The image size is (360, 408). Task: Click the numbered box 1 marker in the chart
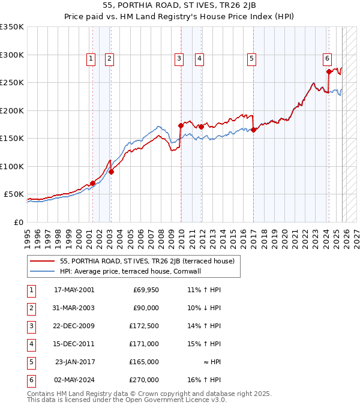coord(91,58)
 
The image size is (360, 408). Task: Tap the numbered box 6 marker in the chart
coord(327,58)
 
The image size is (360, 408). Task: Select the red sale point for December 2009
coord(181,126)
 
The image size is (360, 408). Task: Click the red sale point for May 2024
coord(329,71)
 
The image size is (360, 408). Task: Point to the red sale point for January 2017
coord(253,130)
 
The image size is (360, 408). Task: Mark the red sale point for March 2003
coord(111,172)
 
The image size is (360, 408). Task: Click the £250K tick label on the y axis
coord(12,83)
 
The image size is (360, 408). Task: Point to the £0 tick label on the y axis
coord(18,222)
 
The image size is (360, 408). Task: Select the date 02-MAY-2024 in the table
coord(74,380)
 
